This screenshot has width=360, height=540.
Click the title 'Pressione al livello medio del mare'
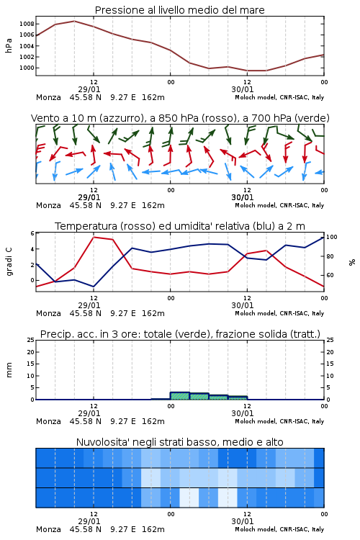coord(179,10)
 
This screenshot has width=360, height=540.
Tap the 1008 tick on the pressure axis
coord(27,24)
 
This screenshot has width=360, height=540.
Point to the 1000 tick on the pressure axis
coord(27,68)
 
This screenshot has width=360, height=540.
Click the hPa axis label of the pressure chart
coord(9,45)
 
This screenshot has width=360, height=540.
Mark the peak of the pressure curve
coord(74,21)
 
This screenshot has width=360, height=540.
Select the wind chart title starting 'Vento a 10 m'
coord(180,118)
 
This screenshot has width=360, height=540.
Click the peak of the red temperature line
coord(94,237)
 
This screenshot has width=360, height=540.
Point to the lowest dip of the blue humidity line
coord(94,287)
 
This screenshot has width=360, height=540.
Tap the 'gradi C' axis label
coord(9,262)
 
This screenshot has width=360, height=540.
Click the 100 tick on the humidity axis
coord(331,237)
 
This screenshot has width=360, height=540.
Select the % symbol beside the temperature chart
coord(352,262)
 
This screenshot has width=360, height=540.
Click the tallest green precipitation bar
coord(180,396)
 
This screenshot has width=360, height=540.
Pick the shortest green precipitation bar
coord(238,397)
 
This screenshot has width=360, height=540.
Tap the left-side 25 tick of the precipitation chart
coord(31,340)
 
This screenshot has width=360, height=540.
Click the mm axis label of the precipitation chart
coord(9,370)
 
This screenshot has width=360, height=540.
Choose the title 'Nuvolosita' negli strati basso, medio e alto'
coord(179,442)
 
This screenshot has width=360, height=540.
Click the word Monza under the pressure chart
coord(48,97)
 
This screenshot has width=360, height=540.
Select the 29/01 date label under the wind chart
coord(89,197)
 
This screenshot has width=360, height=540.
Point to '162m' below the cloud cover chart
coord(153,529)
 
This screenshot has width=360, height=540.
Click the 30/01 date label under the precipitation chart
coord(243,413)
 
